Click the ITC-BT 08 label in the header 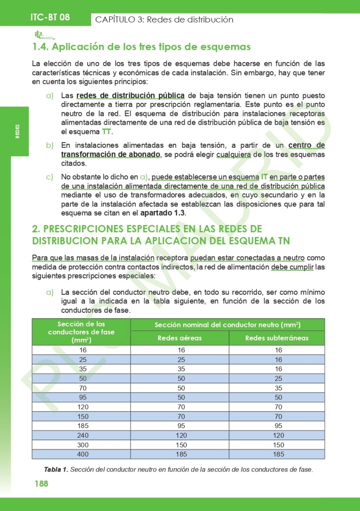(50, 17)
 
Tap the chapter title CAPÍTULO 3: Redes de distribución (164, 19)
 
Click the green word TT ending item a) (107, 132)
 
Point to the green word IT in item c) (264, 177)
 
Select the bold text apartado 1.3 (163, 213)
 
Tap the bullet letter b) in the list (49, 145)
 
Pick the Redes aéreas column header (180, 338)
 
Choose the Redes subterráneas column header (277, 338)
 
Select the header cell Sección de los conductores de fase (81, 332)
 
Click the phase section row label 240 (82, 435)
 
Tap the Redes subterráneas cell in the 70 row (278, 388)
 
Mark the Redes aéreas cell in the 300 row (180, 445)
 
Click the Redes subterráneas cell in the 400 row (278, 454)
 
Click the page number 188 (41, 484)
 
